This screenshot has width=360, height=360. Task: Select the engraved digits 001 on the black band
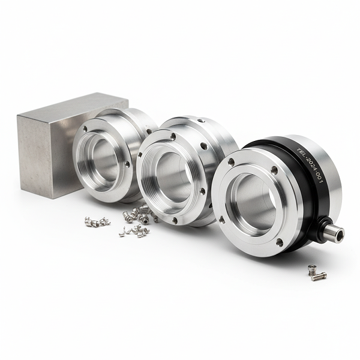point(320,178)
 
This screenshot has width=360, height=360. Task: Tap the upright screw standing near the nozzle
point(311,269)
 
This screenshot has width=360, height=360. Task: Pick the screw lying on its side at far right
point(319,277)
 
